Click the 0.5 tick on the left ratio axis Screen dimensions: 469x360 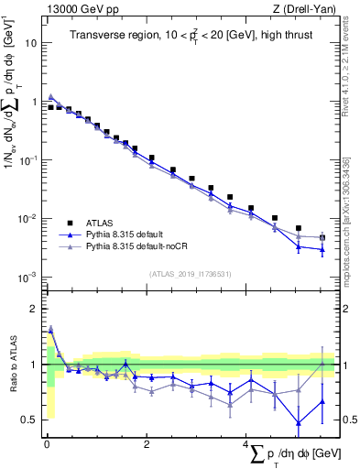coord(31,420)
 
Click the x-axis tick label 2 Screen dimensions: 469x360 coord(147,444)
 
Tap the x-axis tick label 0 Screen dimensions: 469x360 coord(47,444)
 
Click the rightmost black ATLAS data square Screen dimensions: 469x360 coord(322,238)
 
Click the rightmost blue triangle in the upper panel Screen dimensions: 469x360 coord(322,250)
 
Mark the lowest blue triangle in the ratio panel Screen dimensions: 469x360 coord(298,422)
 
